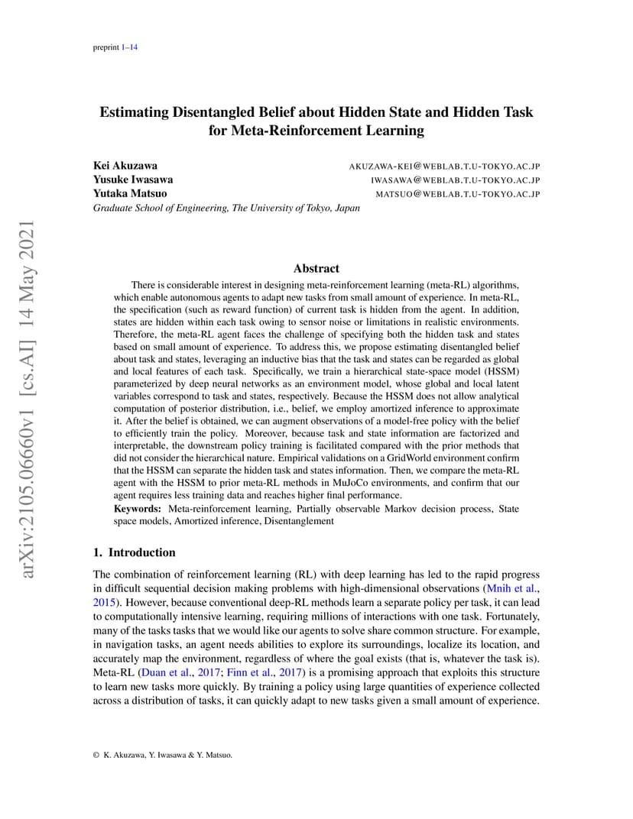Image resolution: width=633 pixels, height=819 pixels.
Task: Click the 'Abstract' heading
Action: (x=316, y=268)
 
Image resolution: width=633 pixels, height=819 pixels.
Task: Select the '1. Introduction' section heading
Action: (x=134, y=552)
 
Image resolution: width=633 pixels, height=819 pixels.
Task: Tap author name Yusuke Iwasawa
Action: (x=133, y=180)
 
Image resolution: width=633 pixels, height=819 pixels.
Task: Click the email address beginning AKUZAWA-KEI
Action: (x=444, y=166)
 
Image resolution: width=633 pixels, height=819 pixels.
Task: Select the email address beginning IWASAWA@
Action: (x=455, y=180)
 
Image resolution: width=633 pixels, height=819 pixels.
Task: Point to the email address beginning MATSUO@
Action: (x=457, y=194)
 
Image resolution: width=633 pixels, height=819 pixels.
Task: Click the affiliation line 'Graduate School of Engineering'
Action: (x=226, y=208)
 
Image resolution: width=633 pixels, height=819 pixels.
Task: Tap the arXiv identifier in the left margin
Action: (x=28, y=390)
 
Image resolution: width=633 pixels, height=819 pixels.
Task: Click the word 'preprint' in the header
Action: (x=105, y=47)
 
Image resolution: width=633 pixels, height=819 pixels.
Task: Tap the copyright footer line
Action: (x=162, y=755)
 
